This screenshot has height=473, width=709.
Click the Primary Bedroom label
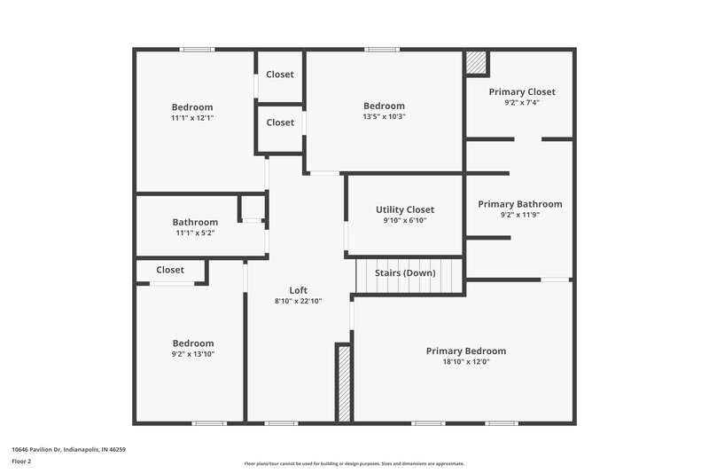point(465,351)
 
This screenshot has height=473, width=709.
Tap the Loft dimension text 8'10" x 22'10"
point(298,301)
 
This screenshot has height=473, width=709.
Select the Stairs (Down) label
point(405,272)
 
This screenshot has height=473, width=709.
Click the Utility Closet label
point(405,209)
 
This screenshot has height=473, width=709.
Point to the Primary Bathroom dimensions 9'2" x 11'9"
point(519,215)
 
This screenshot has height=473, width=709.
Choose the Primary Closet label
point(522,91)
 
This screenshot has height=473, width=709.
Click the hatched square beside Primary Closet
point(476,63)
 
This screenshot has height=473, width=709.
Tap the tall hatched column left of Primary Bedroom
point(343,382)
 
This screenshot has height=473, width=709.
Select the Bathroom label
point(195,222)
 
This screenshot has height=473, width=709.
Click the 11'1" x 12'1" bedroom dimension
point(192,118)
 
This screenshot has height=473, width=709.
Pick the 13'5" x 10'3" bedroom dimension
point(384,116)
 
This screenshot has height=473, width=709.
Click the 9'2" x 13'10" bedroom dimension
point(192,354)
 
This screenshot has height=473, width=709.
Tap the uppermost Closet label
point(280,75)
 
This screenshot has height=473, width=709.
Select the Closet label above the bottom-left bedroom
point(170,270)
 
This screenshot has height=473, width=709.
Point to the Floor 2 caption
point(21,461)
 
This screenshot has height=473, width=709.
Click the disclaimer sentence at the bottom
point(354,463)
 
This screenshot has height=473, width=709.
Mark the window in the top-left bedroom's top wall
point(196,49)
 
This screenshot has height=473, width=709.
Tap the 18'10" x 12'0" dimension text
point(465,362)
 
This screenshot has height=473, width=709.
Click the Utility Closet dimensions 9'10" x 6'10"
point(405,220)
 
